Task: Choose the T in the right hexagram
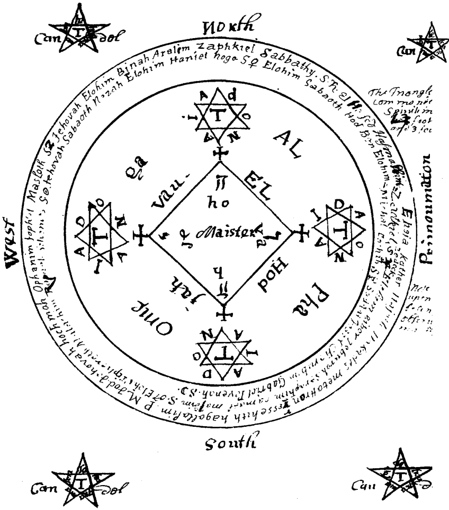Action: (337, 230)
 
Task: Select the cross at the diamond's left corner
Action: (140, 236)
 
